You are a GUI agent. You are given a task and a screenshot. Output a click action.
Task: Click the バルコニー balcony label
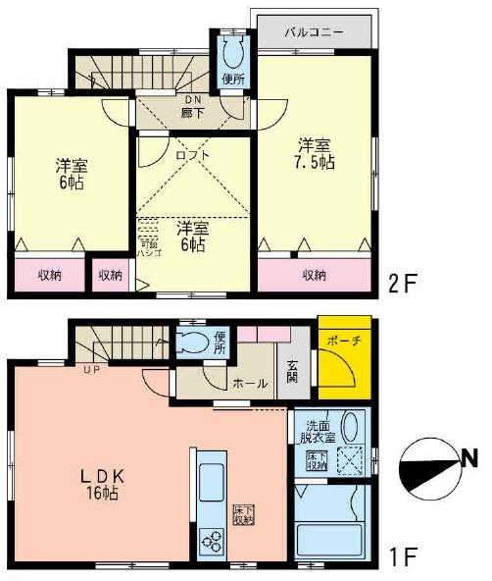(x=314, y=32)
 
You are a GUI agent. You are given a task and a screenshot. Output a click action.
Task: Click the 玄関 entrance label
(x=293, y=374)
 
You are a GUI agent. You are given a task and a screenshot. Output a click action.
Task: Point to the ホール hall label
(x=246, y=385)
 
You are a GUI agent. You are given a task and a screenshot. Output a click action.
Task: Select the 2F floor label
(x=404, y=283)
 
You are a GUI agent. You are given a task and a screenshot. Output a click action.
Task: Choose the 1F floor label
(x=404, y=556)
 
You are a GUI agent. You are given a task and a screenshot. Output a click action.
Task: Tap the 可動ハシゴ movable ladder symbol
(x=149, y=237)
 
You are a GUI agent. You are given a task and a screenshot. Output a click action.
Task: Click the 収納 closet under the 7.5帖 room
(x=314, y=275)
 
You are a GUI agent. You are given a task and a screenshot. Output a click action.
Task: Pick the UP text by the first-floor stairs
(x=92, y=369)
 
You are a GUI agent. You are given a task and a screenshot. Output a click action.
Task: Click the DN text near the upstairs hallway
(x=191, y=99)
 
